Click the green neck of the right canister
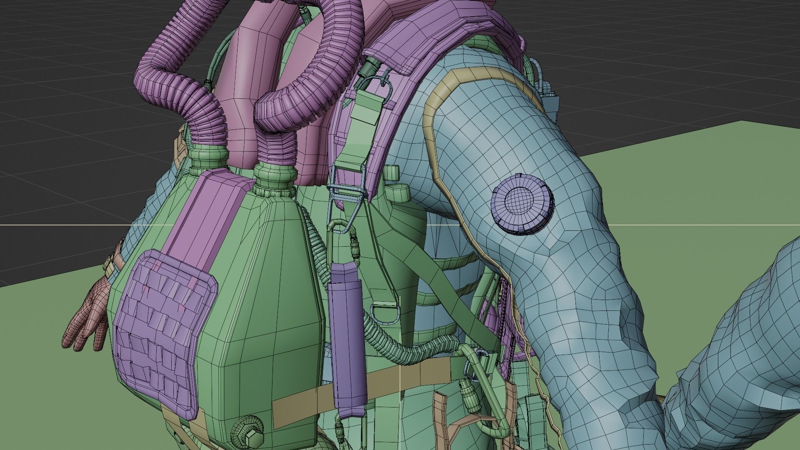275,179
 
